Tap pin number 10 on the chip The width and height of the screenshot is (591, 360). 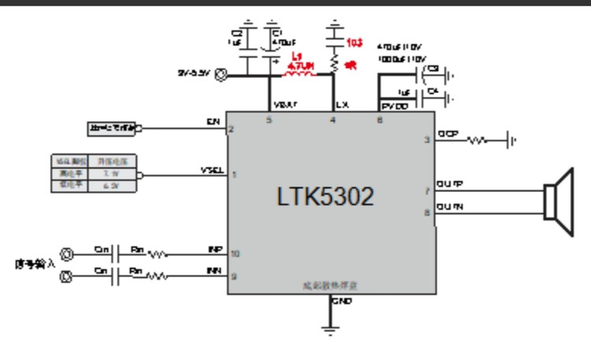(234, 254)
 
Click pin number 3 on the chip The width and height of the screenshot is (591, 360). (426, 139)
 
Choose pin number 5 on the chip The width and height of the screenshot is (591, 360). (269, 120)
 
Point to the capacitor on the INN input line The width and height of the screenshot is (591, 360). (115, 276)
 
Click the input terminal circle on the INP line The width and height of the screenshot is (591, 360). (69, 254)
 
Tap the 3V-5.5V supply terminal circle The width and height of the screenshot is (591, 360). (221, 76)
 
